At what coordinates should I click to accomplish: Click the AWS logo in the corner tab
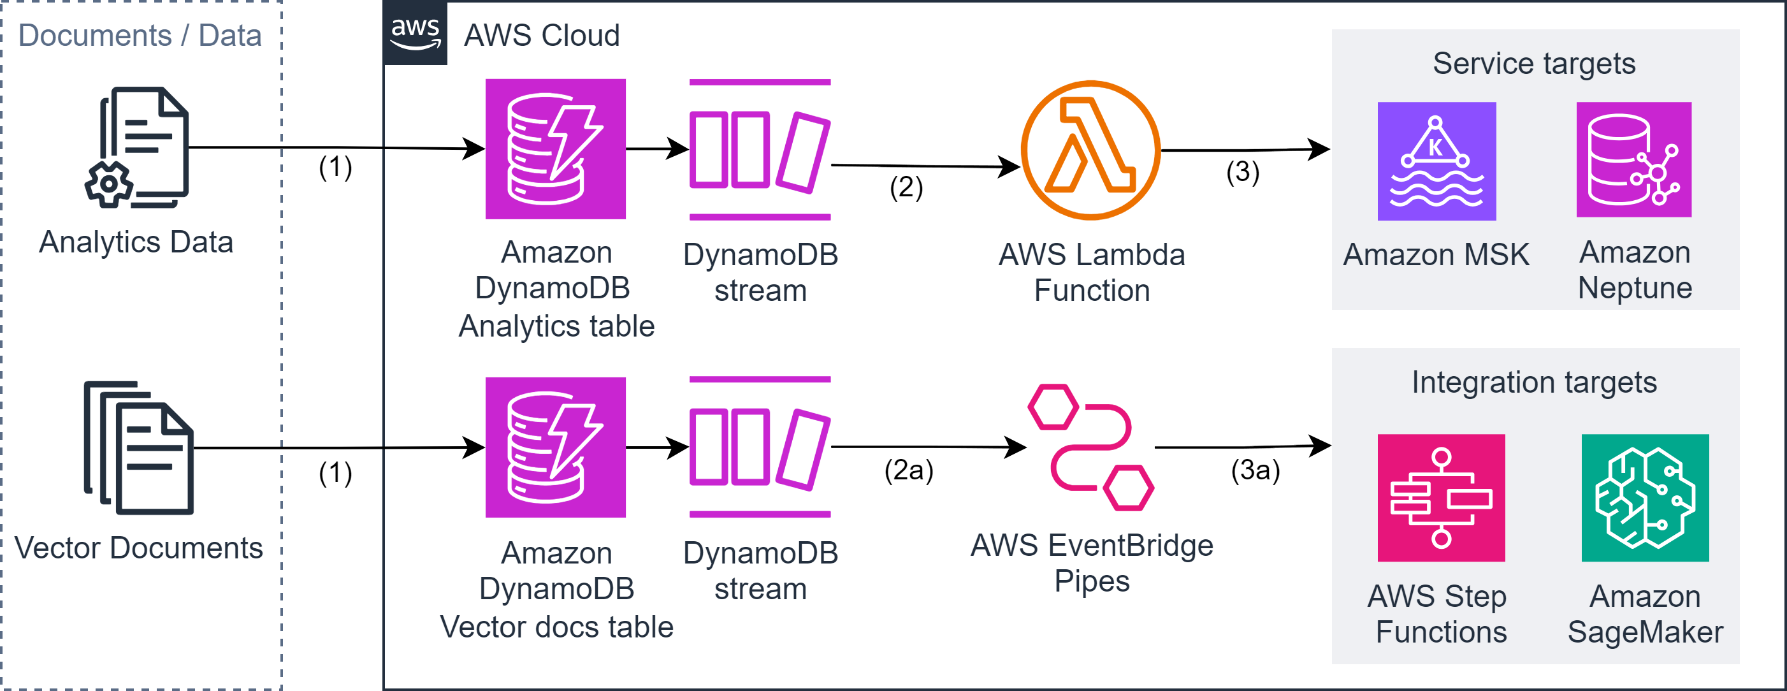click(x=415, y=33)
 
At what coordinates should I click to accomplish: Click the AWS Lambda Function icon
click(x=1090, y=150)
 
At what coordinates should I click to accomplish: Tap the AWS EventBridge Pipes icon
click(x=1090, y=447)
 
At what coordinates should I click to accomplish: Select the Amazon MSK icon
click(x=1436, y=161)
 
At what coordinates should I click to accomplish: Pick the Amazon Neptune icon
click(x=1633, y=159)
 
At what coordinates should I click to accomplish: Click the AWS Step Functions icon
click(x=1441, y=497)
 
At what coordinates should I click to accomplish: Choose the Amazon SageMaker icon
click(x=1645, y=497)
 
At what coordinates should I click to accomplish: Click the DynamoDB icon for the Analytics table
click(x=556, y=149)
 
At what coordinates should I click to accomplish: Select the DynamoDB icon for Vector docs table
click(x=556, y=447)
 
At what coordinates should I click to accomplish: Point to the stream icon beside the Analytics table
click(x=760, y=150)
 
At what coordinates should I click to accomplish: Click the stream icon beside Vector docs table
click(x=760, y=447)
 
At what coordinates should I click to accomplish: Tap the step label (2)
click(x=906, y=187)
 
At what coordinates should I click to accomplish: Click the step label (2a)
click(x=908, y=470)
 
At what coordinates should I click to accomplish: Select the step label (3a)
click(x=1255, y=470)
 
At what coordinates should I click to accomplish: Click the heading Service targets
click(x=1534, y=64)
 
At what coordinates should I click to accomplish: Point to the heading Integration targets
click(x=1534, y=382)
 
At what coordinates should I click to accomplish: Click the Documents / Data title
click(x=140, y=36)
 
